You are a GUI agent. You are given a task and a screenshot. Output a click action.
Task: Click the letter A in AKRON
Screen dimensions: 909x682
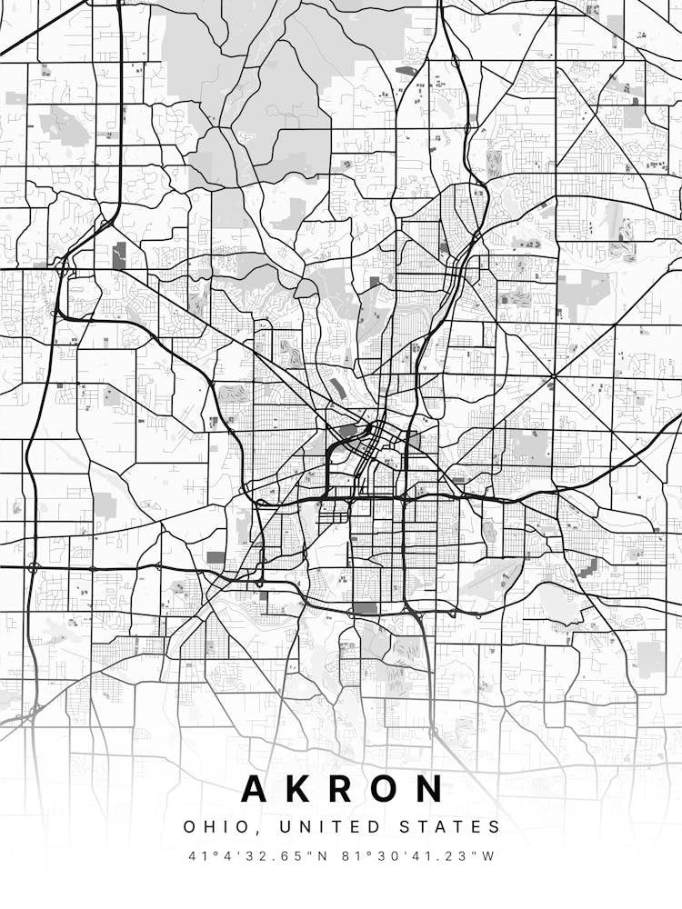click(256, 788)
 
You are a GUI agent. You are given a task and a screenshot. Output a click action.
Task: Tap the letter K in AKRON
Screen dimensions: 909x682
click(299, 788)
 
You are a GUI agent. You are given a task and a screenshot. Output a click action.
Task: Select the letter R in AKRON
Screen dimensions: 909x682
click(341, 788)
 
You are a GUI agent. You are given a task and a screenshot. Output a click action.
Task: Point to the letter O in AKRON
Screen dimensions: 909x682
click(385, 788)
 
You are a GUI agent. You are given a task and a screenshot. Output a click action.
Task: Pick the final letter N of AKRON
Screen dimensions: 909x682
click(429, 788)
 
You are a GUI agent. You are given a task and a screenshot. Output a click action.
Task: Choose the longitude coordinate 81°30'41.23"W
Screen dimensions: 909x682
click(418, 856)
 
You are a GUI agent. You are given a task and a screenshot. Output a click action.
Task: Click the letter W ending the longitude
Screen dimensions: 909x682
click(489, 856)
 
